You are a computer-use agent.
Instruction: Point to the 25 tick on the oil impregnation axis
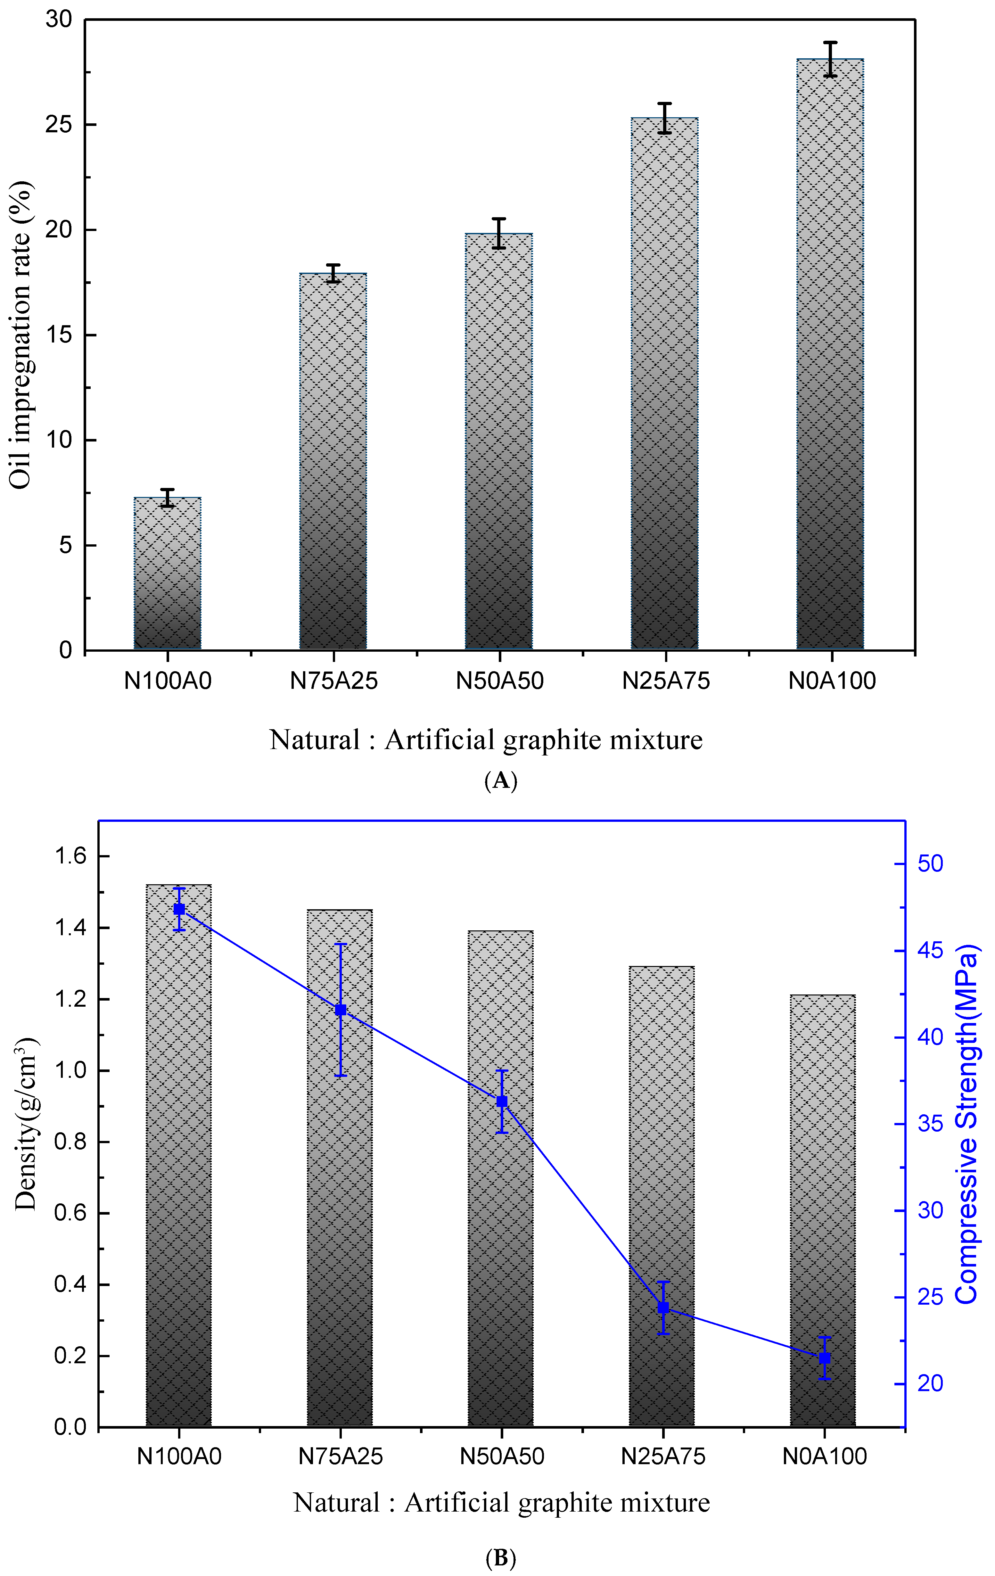coord(59,125)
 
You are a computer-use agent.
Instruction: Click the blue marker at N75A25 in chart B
coord(341,1010)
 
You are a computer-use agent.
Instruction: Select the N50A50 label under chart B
coord(502,1456)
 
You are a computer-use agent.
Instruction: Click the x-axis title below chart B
coord(501,1503)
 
